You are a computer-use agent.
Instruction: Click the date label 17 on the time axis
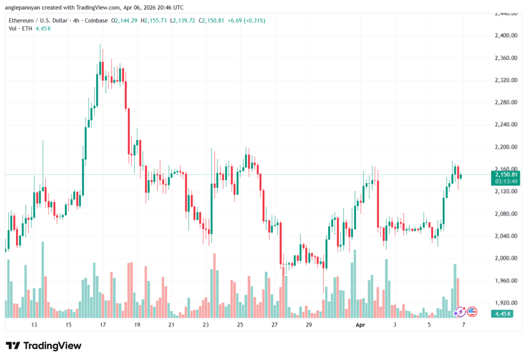coord(102,325)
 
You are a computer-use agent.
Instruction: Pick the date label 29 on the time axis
coord(308,325)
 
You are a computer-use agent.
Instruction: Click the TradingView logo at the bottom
coord(44,346)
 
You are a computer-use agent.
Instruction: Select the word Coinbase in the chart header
coord(97,20)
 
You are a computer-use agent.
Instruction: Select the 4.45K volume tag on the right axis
coord(504,314)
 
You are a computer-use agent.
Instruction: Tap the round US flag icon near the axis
coord(472,311)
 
